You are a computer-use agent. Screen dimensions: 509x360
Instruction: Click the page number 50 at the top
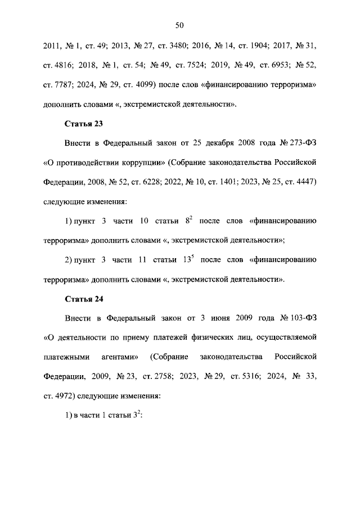click(180, 25)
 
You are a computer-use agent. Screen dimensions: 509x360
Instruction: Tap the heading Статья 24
click(84, 298)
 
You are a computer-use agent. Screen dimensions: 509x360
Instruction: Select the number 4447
click(304, 182)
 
